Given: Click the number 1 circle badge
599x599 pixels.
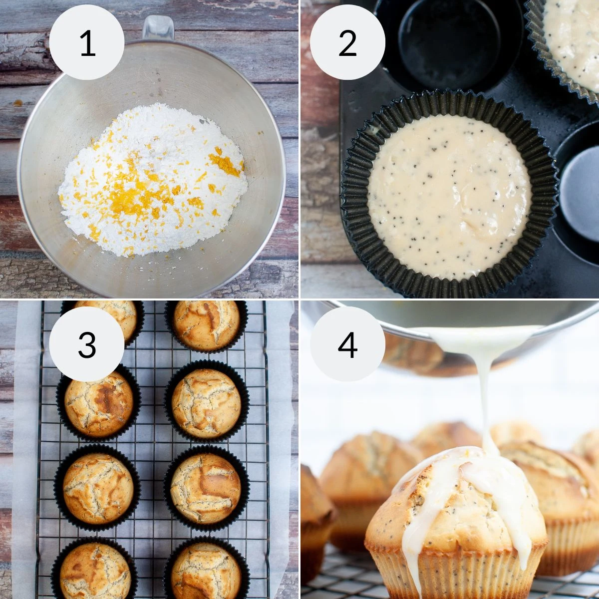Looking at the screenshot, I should [x=87, y=43].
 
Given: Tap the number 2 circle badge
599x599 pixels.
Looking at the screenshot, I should [x=347, y=43].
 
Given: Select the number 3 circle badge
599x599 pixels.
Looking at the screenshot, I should [x=87, y=344].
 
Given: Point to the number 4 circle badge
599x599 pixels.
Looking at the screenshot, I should [x=347, y=344].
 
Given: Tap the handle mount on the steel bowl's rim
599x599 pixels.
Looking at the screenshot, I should [x=158, y=28].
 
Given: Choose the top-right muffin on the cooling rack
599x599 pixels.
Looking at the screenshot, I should [x=206, y=324].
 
